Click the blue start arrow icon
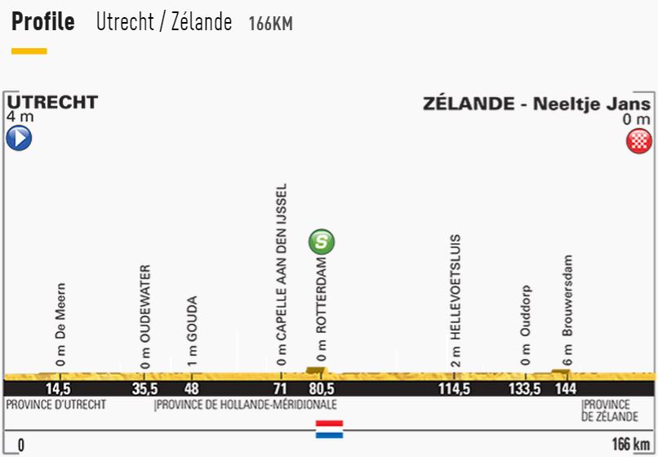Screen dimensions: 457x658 (x=18, y=139)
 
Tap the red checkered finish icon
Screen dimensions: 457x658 (x=638, y=140)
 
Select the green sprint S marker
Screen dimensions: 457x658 (x=322, y=242)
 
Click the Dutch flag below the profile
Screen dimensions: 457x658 (x=329, y=429)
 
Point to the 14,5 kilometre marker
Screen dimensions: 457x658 (x=59, y=389)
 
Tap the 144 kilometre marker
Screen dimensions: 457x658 (x=566, y=389)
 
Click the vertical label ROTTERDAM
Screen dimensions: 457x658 (x=322, y=299)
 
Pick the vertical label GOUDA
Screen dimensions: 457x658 (x=193, y=321)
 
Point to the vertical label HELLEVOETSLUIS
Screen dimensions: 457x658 (x=456, y=289)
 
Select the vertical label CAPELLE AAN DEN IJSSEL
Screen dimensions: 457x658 (x=281, y=270)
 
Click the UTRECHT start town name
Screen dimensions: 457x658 (x=52, y=103)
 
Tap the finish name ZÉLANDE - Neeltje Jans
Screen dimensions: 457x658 (x=536, y=104)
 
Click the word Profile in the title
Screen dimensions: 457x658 (x=43, y=22)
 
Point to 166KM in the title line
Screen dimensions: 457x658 (x=270, y=24)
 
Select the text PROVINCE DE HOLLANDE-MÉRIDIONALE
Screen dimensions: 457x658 (x=246, y=405)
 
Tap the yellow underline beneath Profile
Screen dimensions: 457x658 (x=29, y=51)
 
